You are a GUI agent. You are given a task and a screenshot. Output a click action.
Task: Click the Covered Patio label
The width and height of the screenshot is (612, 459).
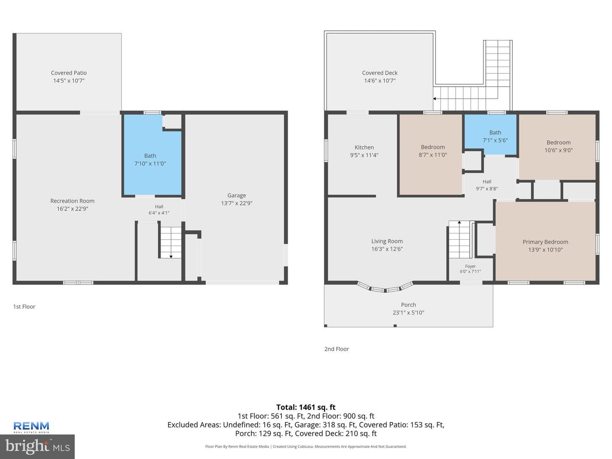pos(68,73)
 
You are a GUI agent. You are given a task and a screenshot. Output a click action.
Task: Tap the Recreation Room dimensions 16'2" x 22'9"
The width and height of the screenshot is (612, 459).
pos(73,209)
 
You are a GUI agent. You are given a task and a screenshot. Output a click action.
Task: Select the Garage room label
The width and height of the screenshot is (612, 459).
pos(236,195)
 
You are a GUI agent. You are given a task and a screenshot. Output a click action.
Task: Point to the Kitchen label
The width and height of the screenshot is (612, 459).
pos(364,147)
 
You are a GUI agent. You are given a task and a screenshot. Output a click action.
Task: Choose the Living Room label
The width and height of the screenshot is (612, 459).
pos(387,241)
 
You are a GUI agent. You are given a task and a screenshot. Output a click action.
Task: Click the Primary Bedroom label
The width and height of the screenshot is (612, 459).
pos(545,242)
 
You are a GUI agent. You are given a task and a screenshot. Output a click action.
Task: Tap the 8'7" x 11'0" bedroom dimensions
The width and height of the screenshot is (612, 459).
pos(433,155)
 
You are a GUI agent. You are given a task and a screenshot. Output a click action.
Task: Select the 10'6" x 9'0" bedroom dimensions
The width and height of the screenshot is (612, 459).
pos(558,150)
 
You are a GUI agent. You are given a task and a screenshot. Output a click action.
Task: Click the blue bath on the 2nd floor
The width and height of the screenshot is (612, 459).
pos(491,134)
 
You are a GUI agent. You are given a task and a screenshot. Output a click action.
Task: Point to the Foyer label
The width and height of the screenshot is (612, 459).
pos(470,266)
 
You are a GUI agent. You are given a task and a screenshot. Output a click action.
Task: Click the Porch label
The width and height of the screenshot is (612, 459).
pos(408,305)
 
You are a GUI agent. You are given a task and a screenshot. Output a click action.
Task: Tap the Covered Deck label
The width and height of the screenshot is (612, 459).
pos(380,73)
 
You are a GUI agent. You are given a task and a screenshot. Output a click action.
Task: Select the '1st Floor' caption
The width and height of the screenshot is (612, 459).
pos(24,306)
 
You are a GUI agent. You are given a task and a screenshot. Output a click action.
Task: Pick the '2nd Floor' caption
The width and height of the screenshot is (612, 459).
pos(337,349)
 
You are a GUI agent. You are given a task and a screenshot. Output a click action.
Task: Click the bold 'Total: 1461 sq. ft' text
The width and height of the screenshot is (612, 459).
pos(306,408)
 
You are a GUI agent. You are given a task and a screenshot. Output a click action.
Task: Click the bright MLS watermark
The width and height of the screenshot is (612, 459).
pos(37,446)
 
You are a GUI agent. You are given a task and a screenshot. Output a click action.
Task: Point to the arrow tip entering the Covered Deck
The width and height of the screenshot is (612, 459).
pos(433,99)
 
